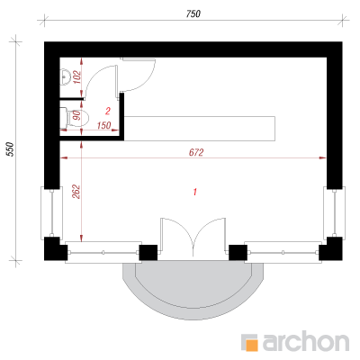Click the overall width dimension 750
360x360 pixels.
193,13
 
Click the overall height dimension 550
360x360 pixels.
11,149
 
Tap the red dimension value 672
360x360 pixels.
196,152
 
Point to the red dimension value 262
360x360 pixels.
76,192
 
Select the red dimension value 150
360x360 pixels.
104,125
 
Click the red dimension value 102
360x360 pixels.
77,77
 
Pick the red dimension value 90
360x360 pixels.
77,115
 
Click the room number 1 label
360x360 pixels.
195,192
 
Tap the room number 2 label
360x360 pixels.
108,112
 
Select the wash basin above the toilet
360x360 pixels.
65,77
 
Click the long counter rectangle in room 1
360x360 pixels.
200,129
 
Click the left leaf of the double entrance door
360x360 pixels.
176,237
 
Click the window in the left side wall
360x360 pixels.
51,212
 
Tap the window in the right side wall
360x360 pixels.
334,212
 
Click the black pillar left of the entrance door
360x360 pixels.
148,253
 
